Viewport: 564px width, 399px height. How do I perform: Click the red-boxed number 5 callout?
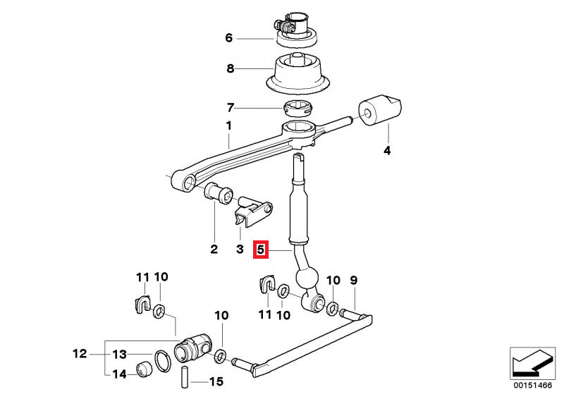pyautogui.click(x=261, y=249)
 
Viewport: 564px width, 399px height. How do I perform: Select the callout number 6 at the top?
pyautogui.click(x=228, y=38)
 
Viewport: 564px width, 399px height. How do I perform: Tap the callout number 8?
pyautogui.click(x=230, y=69)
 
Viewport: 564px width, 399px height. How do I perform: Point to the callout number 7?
pyautogui.click(x=230, y=108)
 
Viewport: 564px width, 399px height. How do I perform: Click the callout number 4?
pyautogui.click(x=386, y=150)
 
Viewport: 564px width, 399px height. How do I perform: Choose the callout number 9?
pyautogui.click(x=354, y=281)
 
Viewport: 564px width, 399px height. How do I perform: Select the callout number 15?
pyautogui.click(x=216, y=382)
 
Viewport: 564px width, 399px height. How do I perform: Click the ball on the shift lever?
pyautogui.click(x=307, y=277)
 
